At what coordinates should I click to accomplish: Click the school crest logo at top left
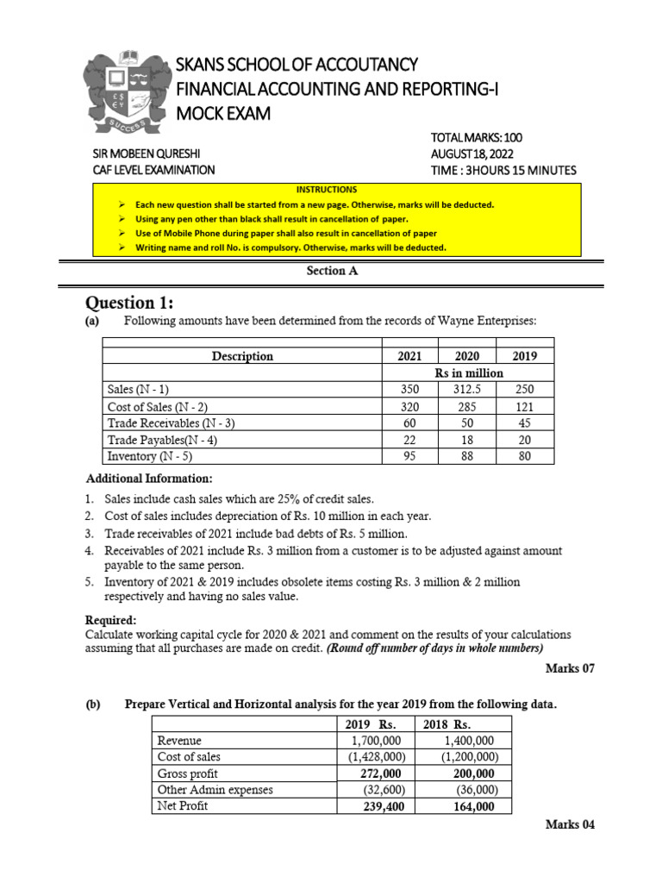click(127, 93)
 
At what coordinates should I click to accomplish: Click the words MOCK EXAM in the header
click(222, 113)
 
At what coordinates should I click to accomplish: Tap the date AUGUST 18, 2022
click(477, 153)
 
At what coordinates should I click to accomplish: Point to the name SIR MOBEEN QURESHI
click(153, 153)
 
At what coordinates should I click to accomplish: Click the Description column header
click(242, 356)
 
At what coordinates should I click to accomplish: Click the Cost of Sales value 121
click(523, 406)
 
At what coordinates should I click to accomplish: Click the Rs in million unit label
click(468, 373)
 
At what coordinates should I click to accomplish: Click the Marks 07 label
click(570, 667)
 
